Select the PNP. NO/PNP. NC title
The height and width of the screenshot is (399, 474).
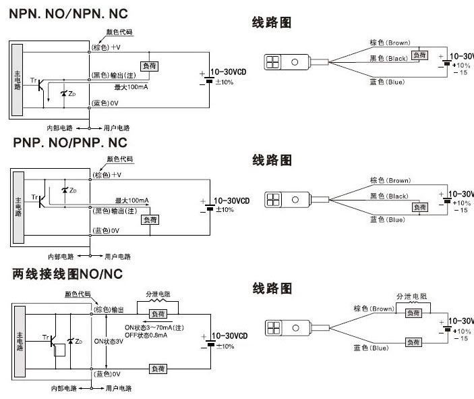(x=70, y=143)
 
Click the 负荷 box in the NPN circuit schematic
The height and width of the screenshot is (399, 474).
(x=148, y=65)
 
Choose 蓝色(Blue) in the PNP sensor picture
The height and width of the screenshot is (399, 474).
(x=387, y=219)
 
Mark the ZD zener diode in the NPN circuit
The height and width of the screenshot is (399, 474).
(x=65, y=92)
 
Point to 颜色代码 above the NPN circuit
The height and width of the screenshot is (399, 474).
(x=119, y=32)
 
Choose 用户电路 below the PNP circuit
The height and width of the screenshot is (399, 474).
(x=117, y=257)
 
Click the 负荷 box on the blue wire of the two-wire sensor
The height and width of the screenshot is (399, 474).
(x=413, y=342)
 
